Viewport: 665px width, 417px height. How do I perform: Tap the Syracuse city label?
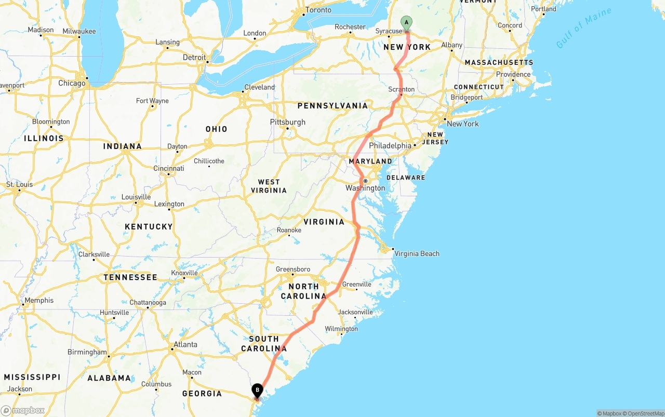[389, 31]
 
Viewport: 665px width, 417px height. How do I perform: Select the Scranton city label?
[401, 89]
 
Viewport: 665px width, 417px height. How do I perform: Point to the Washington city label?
[365, 188]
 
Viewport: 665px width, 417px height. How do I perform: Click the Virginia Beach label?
[417, 253]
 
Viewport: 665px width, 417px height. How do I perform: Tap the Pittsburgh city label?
[287, 122]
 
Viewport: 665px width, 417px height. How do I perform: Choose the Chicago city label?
[72, 83]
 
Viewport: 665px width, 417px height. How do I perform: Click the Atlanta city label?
[185, 344]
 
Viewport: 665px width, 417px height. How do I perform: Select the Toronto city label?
[318, 10]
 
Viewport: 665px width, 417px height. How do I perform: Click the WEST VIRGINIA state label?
[269, 186]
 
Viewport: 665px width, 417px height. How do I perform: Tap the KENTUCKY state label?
[149, 226]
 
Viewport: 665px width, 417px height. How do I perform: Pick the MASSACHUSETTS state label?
[499, 62]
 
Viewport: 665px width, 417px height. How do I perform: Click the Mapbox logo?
[23, 410]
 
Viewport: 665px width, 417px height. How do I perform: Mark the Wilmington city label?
[341, 329]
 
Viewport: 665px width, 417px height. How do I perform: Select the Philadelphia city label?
[390, 146]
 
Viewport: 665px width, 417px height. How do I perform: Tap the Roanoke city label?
[289, 230]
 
